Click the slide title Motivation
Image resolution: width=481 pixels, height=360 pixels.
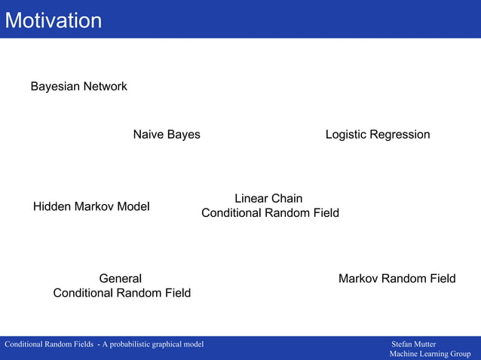point(53,20)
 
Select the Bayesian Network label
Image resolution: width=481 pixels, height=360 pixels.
point(78,87)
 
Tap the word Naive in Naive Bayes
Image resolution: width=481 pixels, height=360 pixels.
point(148,135)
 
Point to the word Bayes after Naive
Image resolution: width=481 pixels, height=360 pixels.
point(183,135)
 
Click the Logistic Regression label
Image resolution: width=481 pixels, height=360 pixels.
point(377,135)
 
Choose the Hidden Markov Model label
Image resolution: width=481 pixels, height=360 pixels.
point(91,206)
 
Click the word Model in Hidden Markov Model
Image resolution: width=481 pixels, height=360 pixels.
point(133,206)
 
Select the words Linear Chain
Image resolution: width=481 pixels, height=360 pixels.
point(268,199)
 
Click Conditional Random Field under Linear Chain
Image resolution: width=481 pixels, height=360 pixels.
point(270,213)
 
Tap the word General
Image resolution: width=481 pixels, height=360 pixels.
point(120,279)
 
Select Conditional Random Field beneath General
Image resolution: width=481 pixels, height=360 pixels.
point(121,293)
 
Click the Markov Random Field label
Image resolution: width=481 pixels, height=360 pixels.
point(397,279)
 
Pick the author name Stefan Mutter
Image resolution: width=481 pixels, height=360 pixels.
point(413,344)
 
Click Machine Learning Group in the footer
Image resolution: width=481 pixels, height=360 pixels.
point(429,354)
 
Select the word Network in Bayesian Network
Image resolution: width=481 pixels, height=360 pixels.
point(104,87)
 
